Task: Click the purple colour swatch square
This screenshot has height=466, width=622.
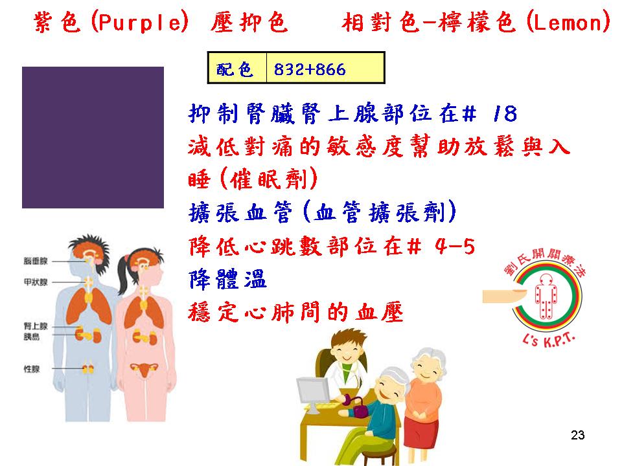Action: click(x=93, y=137)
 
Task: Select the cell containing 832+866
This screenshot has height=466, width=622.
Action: click(x=325, y=68)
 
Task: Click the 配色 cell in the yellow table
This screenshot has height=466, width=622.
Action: click(x=237, y=68)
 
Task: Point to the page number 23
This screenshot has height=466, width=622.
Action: click(x=577, y=435)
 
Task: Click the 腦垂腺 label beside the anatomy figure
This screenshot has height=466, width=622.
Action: click(x=36, y=261)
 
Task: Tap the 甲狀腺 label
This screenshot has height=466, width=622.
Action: click(x=36, y=282)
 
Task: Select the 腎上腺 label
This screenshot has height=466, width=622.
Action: click(x=36, y=326)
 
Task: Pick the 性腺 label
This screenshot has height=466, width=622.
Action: click(x=32, y=369)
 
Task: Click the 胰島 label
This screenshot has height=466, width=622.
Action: click(x=31, y=337)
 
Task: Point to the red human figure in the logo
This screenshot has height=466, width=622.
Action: click(x=546, y=296)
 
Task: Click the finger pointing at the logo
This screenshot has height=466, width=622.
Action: click(x=504, y=296)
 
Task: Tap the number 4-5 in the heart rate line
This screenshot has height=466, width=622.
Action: click(x=455, y=247)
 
